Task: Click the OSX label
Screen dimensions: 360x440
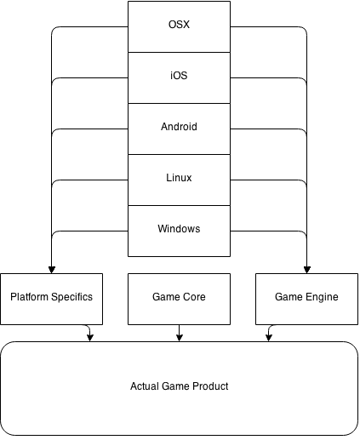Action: [179, 25]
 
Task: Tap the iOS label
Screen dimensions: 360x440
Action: [179, 76]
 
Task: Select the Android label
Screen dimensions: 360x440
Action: [179, 127]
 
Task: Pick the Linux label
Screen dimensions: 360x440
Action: [179, 178]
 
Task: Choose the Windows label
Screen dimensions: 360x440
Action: [179, 229]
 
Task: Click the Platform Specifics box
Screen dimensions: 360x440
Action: [51, 299]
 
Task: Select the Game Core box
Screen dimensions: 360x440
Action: [179, 299]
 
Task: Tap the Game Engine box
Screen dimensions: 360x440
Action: [306, 299]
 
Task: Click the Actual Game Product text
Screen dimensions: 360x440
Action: [179, 386]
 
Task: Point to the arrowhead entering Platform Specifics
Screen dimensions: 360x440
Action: [52, 270]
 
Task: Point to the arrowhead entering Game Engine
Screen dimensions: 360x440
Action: [307, 270]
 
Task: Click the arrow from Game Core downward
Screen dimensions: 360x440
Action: [179, 333]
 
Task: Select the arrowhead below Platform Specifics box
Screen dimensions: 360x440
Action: [90, 338]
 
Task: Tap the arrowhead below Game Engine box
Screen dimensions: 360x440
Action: [269, 338]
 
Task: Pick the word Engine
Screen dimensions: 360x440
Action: [322, 297]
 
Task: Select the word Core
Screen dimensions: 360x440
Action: [194, 297]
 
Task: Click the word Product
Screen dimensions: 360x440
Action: [210, 386]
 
